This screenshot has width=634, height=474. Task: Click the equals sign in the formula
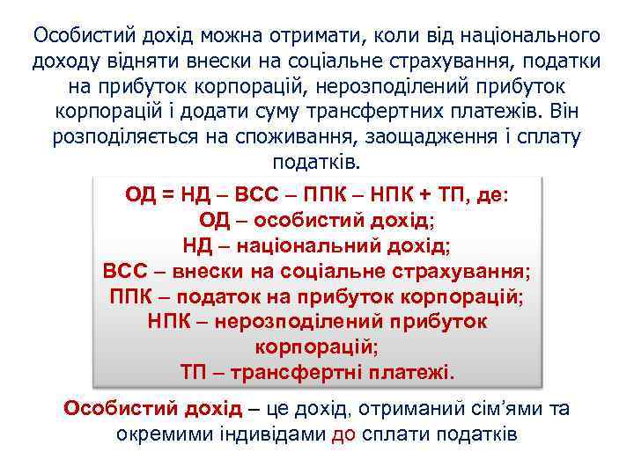click(x=162, y=194)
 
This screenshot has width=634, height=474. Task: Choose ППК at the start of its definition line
click(x=132, y=295)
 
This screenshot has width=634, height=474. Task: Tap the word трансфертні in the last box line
click(x=305, y=371)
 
